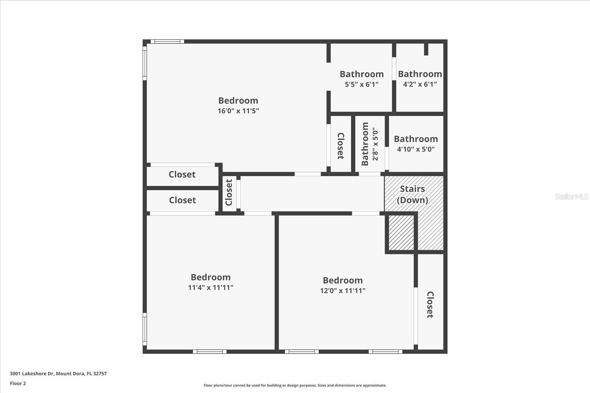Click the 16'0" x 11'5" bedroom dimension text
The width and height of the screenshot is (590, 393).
(238, 111)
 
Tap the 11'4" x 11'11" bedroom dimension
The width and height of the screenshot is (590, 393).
(211, 288)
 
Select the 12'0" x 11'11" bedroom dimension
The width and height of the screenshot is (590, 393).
(343, 291)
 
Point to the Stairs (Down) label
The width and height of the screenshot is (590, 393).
(412, 194)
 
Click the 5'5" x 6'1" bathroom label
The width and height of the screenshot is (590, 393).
(361, 79)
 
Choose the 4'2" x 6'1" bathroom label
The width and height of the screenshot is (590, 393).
(420, 79)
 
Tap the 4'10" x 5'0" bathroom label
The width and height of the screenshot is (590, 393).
(416, 144)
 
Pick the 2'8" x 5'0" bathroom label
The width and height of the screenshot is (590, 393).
(370, 144)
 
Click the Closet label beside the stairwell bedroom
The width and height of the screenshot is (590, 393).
(430, 305)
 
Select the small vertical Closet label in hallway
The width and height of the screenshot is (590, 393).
(229, 192)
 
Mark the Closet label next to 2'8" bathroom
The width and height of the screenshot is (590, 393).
(341, 146)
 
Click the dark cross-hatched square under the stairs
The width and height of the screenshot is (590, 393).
(401, 233)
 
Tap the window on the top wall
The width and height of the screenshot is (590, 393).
(167, 42)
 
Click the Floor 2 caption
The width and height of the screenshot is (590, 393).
(18, 383)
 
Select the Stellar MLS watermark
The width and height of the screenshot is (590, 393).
(571, 196)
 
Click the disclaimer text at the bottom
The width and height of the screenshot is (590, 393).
(295, 386)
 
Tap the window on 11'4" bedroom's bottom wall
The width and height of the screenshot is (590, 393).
(209, 352)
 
